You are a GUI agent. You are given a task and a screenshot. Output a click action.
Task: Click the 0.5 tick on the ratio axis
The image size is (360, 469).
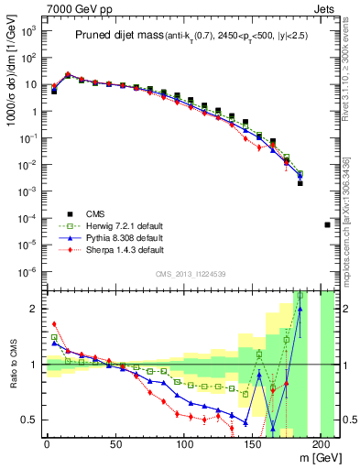31,420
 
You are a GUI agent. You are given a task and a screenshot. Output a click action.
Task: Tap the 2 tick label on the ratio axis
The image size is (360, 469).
35,309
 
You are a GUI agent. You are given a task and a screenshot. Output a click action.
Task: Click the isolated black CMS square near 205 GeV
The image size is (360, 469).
328,224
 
